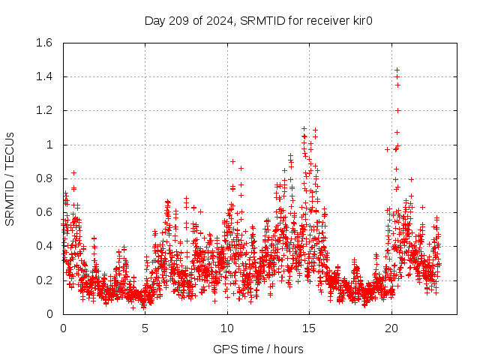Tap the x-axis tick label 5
(x=145, y=328)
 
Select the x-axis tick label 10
(x=227, y=328)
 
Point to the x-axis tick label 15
(x=310, y=328)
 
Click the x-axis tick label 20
(x=391, y=328)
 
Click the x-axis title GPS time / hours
(x=258, y=349)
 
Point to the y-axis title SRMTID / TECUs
(x=10, y=178)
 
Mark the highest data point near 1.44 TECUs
(x=397, y=70)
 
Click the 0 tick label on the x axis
(x=64, y=328)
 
